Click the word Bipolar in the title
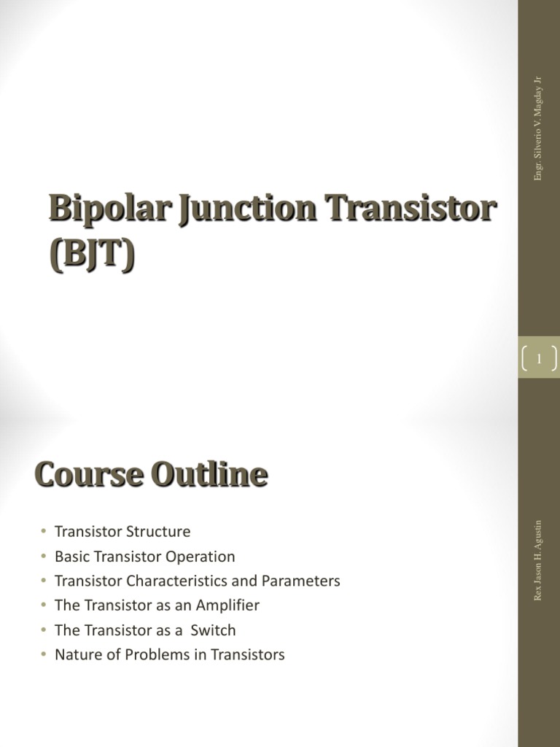tap(98, 211)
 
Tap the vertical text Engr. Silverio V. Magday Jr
tap(538, 128)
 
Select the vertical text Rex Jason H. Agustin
tap(538, 560)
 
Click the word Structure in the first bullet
tap(157, 532)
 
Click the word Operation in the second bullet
tap(201, 557)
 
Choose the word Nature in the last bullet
tap(77, 654)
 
